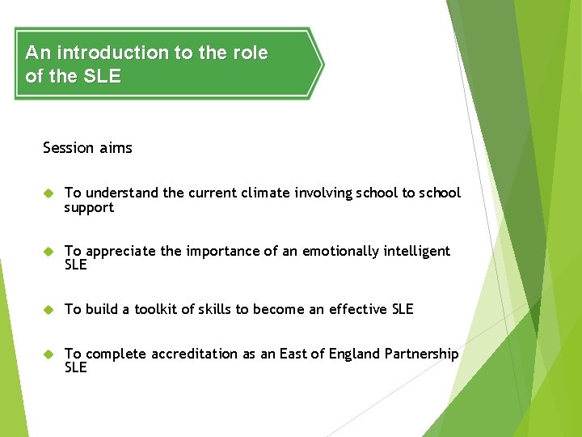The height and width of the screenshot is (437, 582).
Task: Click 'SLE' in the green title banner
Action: [101, 77]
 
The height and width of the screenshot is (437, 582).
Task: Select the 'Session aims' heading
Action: [87, 147]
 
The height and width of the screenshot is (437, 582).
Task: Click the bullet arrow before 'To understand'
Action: [48, 193]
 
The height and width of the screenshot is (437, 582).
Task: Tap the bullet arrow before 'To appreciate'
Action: [48, 252]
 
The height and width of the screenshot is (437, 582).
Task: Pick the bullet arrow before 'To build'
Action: [48, 309]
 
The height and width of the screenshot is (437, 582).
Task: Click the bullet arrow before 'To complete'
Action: [48, 354]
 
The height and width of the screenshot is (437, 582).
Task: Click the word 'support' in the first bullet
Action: [89, 208]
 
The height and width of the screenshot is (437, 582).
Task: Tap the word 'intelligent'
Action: [415, 251]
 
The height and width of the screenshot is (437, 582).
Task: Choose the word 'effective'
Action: [357, 309]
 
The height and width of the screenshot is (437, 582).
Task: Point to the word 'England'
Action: [348, 354]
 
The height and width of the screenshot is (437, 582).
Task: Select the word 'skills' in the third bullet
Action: [213, 309]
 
